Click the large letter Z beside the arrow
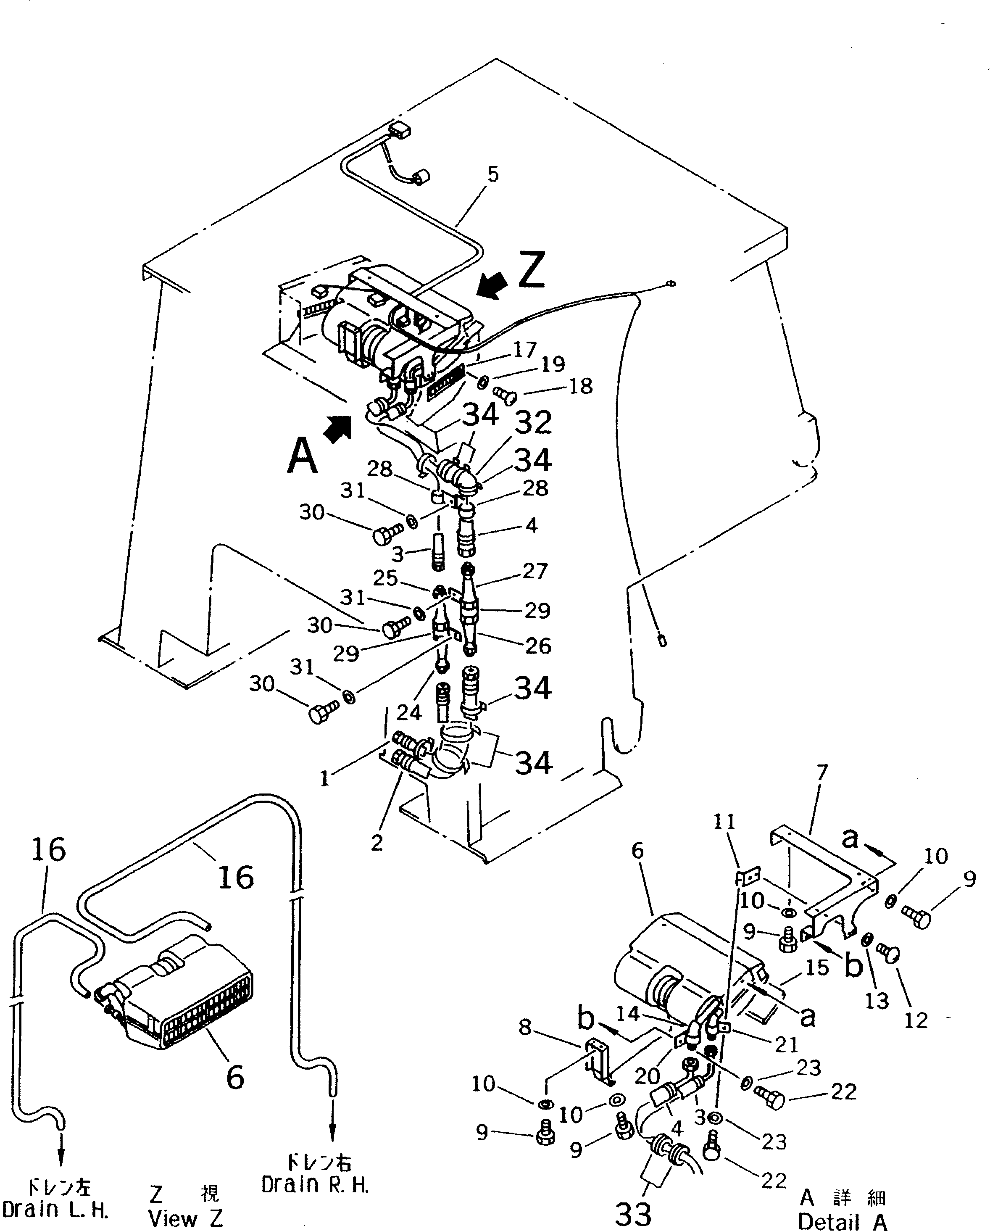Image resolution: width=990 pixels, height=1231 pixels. pyautogui.click(x=531, y=270)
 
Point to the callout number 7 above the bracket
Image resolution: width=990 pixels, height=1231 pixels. pyautogui.click(x=821, y=773)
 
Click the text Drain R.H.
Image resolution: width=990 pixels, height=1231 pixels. pyautogui.click(x=315, y=1185)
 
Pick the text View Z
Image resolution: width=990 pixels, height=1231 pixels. pyautogui.click(x=186, y=1218)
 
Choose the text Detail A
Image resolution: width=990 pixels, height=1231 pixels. pyautogui.click(x=842, y=1221)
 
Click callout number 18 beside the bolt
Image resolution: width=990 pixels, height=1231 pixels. pyautogui.click(x=581, y=387)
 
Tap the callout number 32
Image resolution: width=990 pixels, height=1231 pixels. pyautogui.click(x=533, y=423)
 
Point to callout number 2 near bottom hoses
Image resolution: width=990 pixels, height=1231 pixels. pyautogui.click(x=376, y=843)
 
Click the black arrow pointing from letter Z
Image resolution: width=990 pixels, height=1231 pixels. pyautogui.click(x=492, y=285)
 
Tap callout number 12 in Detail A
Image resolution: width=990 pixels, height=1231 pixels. pyautogui.click(x=916, y=1020)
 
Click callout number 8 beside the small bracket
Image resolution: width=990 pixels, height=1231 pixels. pyautogui.click(x=525, y=1028)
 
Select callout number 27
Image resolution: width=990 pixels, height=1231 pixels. pyautogui.click(x=535, y=571)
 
